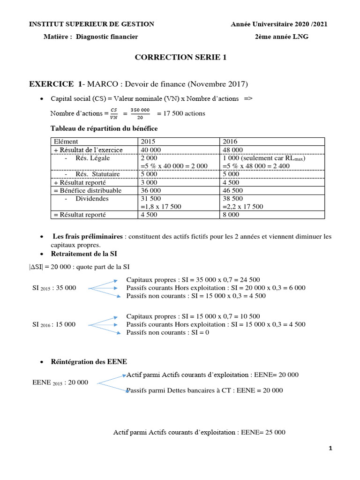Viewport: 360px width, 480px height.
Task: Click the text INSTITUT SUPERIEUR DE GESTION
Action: (x=91, y=24)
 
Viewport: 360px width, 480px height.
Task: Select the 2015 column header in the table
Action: (x=147, y=141)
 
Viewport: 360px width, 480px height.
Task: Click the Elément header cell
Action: (x=66, y=141)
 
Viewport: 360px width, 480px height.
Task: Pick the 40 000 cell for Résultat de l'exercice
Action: (x=150, y=150)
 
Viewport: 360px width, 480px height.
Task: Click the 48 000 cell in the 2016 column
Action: (x=233, y=150)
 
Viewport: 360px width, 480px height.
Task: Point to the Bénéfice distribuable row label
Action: (x=88, y=190)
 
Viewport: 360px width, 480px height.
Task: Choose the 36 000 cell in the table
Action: (x=150, y=190)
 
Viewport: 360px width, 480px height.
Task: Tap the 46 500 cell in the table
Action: (x=233, y=190)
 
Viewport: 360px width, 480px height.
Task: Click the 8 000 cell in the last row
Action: (x=231, y=215)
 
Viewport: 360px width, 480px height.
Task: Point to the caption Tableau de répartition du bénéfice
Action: (x=104, y=128)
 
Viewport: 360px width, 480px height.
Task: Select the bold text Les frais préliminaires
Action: (x=88, y=236)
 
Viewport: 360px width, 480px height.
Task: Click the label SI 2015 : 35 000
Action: (x=54, y=287)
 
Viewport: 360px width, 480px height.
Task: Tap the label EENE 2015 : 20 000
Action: (x=60, y=382)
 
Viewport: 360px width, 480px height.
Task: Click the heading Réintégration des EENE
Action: (x=90, y=362)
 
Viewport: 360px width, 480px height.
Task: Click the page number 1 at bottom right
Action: (x=330, y=449)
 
